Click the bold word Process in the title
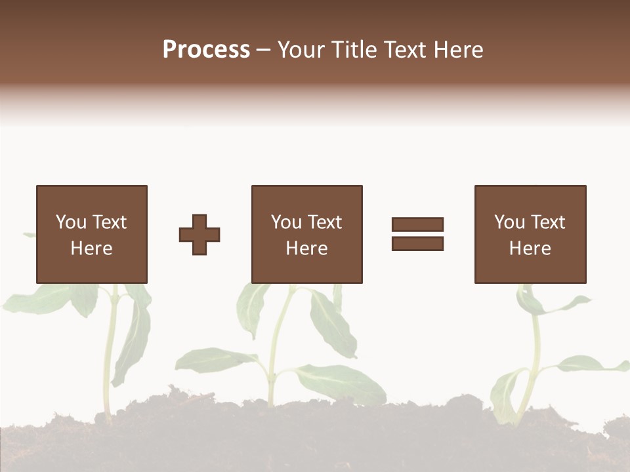pyautogui.click(x=206, y=50)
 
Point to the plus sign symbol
pyautogui.click(x=199, y=235)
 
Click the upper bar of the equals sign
pyautogui.click(x=417, y=225)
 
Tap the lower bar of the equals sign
pyautogui.click(x=417, y=243)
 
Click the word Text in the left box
pyautogui.click(x=108, y=222)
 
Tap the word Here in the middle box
pyautogui.click(x=306, y=248)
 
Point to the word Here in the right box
pyautogui.click(x=530, y=248)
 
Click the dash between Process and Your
pyautogui.click(x=263, y=50)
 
